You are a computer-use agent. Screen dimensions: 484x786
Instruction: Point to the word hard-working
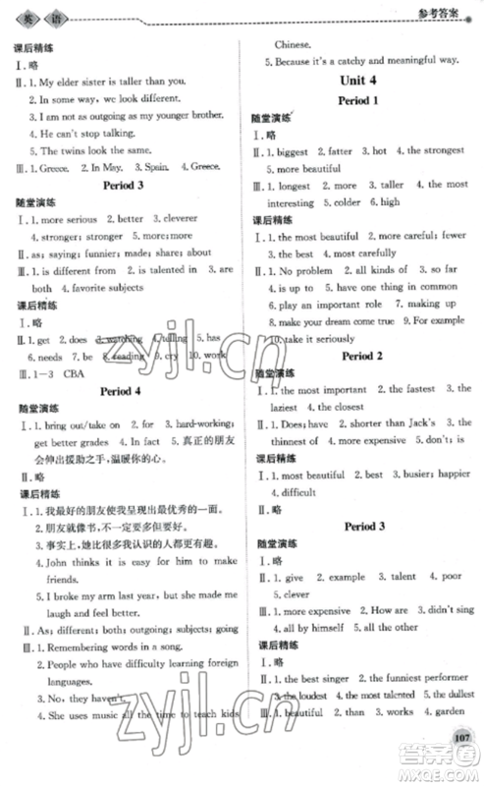[200, 423]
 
